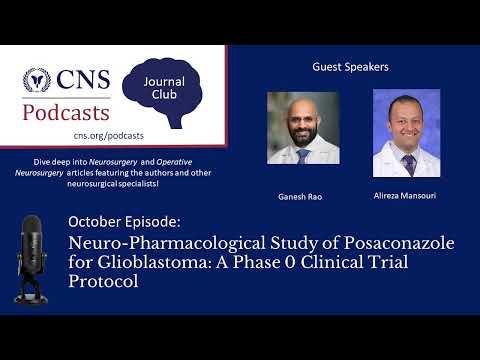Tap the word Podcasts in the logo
68,110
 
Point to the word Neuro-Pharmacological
147,242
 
